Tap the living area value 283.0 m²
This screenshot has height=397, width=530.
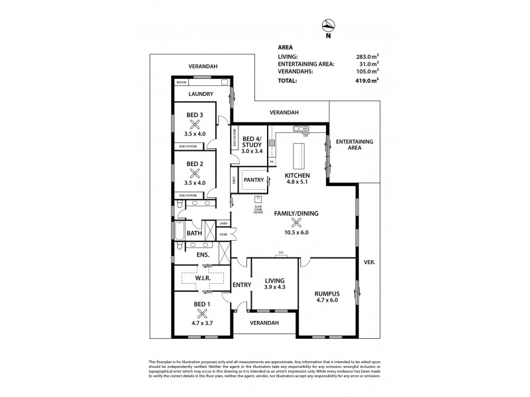click(368, 57)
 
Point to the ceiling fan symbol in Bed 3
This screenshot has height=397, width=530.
click(195, 124)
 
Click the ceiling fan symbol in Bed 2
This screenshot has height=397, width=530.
click(195, 173)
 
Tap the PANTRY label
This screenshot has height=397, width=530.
click(254, 179)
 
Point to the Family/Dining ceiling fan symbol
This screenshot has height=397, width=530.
click(295, 223)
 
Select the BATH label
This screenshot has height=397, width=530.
click(194, 234)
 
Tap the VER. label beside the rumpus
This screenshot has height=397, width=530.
click(370, 263)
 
